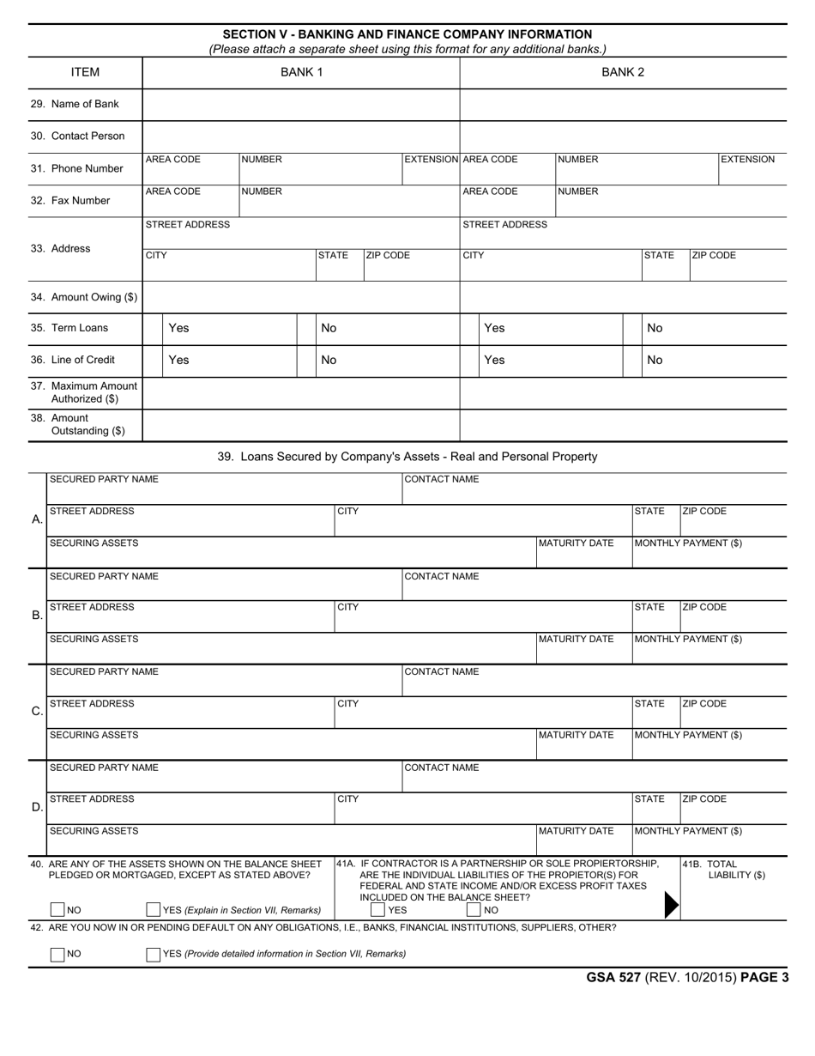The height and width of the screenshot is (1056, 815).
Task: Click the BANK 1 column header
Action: tap(301, 72)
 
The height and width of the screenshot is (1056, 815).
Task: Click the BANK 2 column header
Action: tap(623, 72)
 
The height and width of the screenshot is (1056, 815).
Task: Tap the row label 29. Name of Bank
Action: tap(75, 104)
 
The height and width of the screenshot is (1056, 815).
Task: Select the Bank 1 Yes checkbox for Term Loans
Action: tap(153, 328)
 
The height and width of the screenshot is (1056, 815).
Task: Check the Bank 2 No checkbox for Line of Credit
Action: tap(633, 360)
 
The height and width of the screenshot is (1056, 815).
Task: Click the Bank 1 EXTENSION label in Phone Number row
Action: tap(432, 160)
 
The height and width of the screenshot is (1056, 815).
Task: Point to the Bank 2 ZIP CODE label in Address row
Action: tap(714, 256)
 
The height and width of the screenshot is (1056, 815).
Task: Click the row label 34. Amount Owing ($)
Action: tap(84, 297)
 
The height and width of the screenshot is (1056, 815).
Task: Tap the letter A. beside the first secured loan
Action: tap(37, 519)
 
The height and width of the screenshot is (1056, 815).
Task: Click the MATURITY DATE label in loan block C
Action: tap(577, 735)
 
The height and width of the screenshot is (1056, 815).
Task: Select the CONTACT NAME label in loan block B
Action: tap(442, 576)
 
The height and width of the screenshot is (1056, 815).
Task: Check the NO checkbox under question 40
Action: tap(57, 910)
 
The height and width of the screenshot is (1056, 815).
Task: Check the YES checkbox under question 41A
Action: tap(377, 910)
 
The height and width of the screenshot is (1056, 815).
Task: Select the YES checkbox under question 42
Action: tap(154, 954)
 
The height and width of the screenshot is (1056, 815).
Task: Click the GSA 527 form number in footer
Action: tap(613, 977)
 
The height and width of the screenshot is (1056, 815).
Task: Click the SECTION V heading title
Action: tap(407, 34)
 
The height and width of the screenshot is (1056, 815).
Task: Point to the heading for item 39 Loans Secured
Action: tap(407, 457)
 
